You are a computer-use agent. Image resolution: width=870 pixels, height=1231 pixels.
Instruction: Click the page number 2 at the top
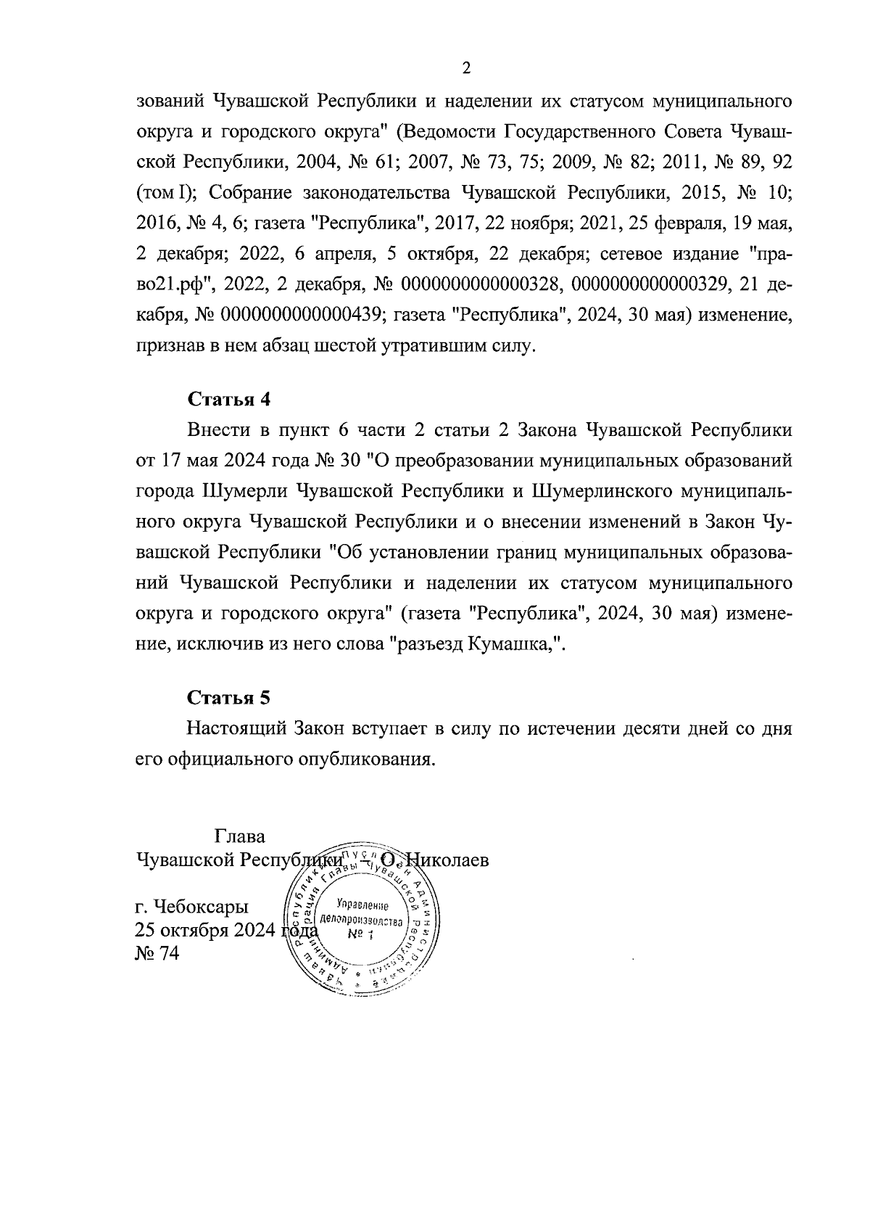[x=465, y=69]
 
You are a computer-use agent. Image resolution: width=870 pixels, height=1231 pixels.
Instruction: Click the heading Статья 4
[x=229, y=399]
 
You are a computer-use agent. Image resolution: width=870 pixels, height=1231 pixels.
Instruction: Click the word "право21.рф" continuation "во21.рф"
[x=174, y=285]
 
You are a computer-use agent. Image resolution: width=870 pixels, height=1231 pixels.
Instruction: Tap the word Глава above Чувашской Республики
[x=240, y=836]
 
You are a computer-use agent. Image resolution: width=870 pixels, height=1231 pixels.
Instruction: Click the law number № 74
[x=157, y=953]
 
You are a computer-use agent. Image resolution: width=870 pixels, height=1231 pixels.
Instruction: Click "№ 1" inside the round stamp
[x=360, y=934]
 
